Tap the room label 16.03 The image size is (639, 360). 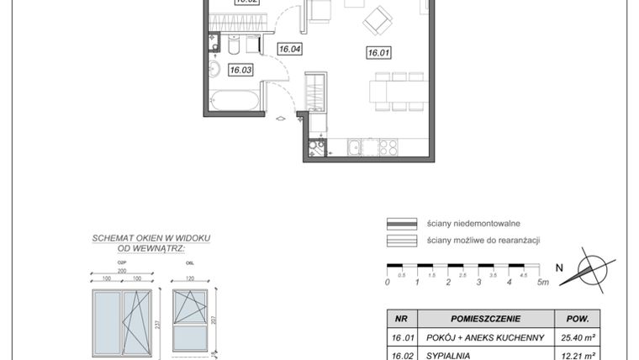241,71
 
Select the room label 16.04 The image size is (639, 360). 290,50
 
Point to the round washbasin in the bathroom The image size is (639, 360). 214,68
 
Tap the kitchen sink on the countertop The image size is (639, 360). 355,147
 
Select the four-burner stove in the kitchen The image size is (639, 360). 388,147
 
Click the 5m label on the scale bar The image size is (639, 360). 543,282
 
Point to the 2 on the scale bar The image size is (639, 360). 448,282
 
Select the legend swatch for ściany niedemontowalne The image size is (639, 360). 401,224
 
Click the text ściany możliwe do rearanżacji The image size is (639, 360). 483,241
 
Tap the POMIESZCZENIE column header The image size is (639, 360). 485,319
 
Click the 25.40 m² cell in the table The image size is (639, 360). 579,337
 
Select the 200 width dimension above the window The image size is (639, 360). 122,271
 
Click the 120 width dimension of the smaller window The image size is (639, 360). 189,278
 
